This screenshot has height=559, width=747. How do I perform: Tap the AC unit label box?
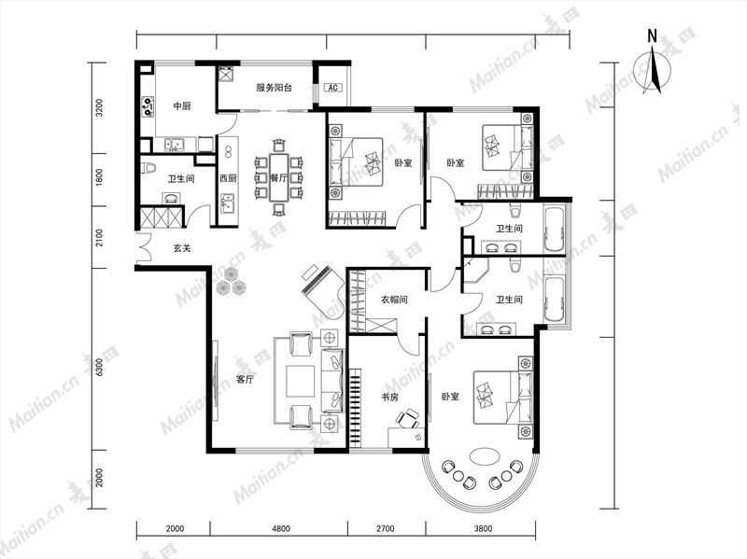tap(333, 88)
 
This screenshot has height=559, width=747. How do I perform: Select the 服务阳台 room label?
tap(274, 88)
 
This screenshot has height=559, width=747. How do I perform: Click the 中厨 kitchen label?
tap(181, 106)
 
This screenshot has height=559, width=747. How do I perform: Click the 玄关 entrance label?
tap(182, 248)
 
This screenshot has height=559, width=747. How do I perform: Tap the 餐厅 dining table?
tap(278, 176)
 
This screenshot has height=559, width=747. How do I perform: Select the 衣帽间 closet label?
tap(394, 300)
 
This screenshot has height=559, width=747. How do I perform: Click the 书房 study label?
tap(389, 397)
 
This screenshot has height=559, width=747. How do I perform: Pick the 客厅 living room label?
tap(245, 380)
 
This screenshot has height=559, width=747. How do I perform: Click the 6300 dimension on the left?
tap(99, 367)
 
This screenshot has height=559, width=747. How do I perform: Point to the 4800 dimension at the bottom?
tap(281, 528)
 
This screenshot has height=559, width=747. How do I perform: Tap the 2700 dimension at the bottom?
tap(385, 528)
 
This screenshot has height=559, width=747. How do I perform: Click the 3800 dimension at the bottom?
tap(483, 528)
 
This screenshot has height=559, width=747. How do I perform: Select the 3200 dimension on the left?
tap(99, 108)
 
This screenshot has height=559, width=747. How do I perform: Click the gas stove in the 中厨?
tap(148, 106)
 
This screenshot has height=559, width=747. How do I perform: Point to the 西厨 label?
tap(228, 178)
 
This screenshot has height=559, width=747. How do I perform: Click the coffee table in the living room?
tap(300, 381)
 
